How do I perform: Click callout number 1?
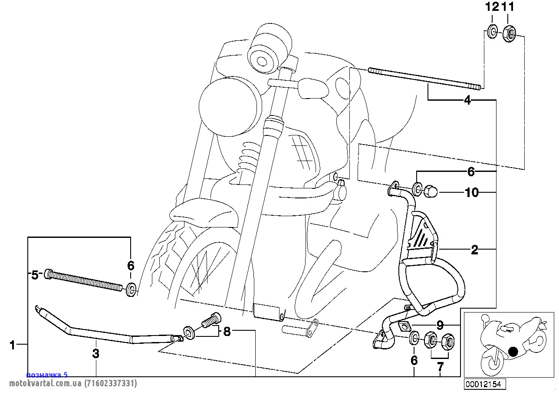tap(13, 346)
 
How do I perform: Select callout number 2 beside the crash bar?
tap(474, 250)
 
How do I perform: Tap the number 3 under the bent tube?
tap(96, 353)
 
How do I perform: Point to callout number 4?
tap(467, 101)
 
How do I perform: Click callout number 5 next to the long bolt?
tap(35, 275)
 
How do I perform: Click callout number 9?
tap(440, 324)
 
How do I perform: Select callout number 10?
tap(471, 192)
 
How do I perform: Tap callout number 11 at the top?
tap(509, 7)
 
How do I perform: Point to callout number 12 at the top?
tap(492, 7)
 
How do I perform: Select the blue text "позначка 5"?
tap(47, 375)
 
